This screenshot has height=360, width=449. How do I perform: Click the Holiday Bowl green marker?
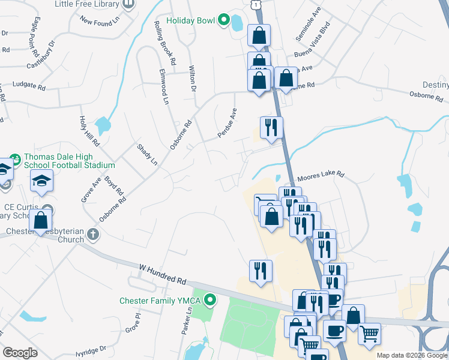224,21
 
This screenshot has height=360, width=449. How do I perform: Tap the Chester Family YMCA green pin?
210,299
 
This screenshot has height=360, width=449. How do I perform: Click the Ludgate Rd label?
29,86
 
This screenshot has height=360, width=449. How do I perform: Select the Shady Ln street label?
147,155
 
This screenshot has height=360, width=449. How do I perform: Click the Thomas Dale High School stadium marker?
16,160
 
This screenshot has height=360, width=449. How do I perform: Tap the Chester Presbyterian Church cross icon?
92,234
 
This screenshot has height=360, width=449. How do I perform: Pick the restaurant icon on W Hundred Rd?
261,271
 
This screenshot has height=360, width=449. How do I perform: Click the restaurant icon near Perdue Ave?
271,127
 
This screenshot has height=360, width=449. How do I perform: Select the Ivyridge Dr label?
90,348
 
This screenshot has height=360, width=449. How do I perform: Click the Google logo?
20,353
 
